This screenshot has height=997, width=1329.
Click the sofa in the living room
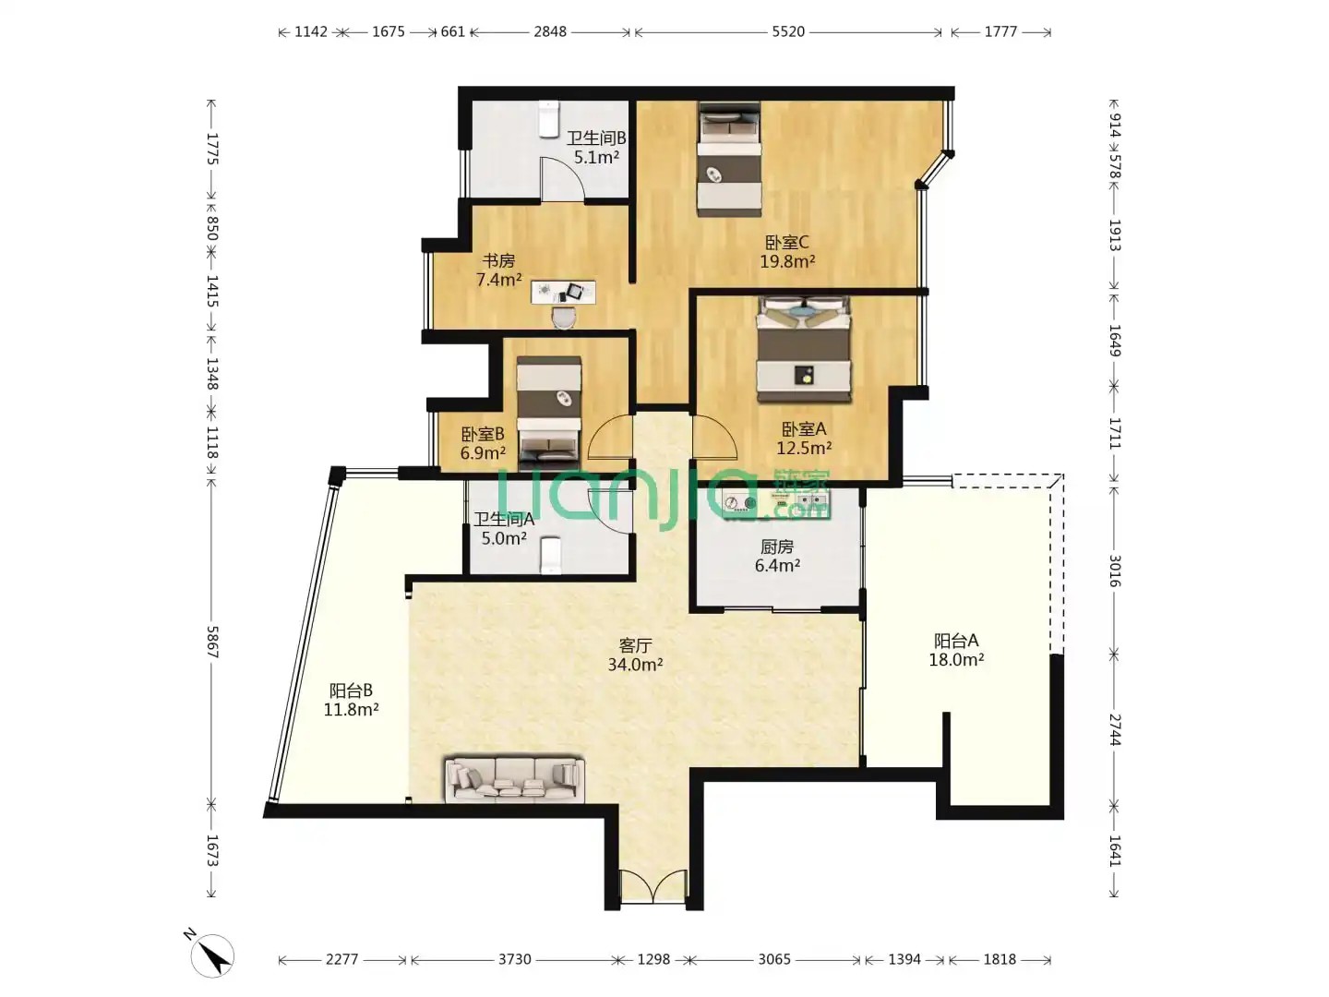[515, 779]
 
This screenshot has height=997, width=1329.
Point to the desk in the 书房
[563, 292]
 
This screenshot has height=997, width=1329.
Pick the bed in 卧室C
[729, 159]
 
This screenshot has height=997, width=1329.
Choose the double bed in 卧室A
[804, 349]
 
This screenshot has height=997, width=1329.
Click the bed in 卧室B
[548, 414]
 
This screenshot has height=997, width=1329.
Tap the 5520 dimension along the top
[788, 31]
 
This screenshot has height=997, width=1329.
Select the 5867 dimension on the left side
[212, 642]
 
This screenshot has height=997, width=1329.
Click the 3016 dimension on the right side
[1115, 571]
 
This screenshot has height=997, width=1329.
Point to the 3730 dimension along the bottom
[514, 959]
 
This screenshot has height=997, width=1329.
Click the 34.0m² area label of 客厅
[635, 664]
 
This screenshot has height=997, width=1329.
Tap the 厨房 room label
[777, 547]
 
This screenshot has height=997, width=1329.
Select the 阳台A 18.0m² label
[956, 650]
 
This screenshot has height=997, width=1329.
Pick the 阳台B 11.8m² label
[352, 700]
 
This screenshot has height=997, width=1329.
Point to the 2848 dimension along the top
[550, 31]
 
